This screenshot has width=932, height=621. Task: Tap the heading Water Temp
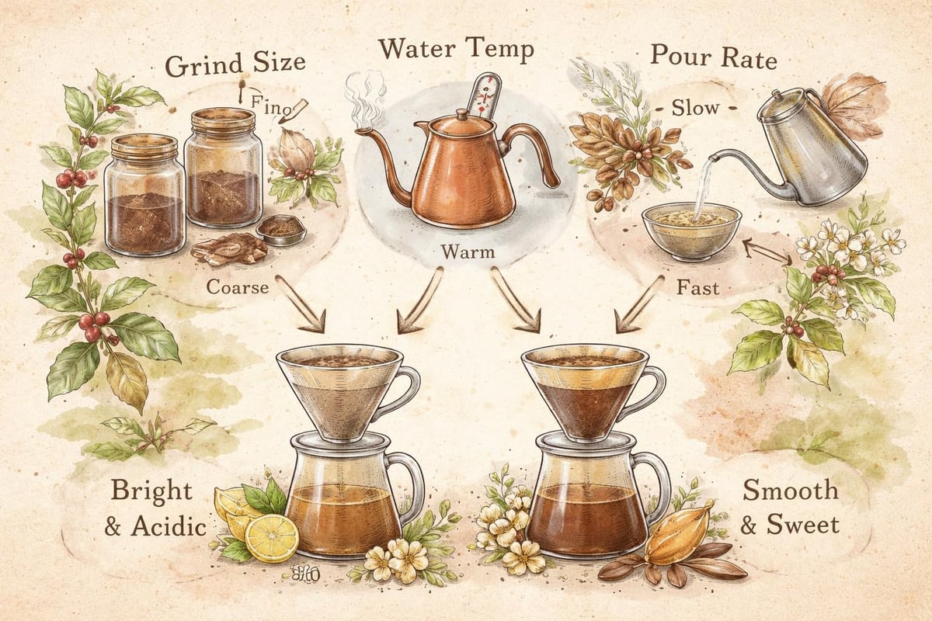pyautogui.click(x=456, y=51)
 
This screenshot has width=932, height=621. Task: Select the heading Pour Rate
pyautogui.click(x=713, y=56)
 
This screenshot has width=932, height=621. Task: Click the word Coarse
pyautogui.click(x=238, y=287)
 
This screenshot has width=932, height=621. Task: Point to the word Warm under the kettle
pyautogui.click(x=464, y=253)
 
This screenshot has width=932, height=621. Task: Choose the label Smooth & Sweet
pyautogui.click(x=790, y=508)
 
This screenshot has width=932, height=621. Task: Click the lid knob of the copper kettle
pyautogui.click(x=461, y=113)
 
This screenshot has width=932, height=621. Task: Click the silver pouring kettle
pyautogui.click(x=812, y=147)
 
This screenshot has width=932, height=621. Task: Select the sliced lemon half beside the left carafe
pyautogui.click(x=272, y=537)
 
